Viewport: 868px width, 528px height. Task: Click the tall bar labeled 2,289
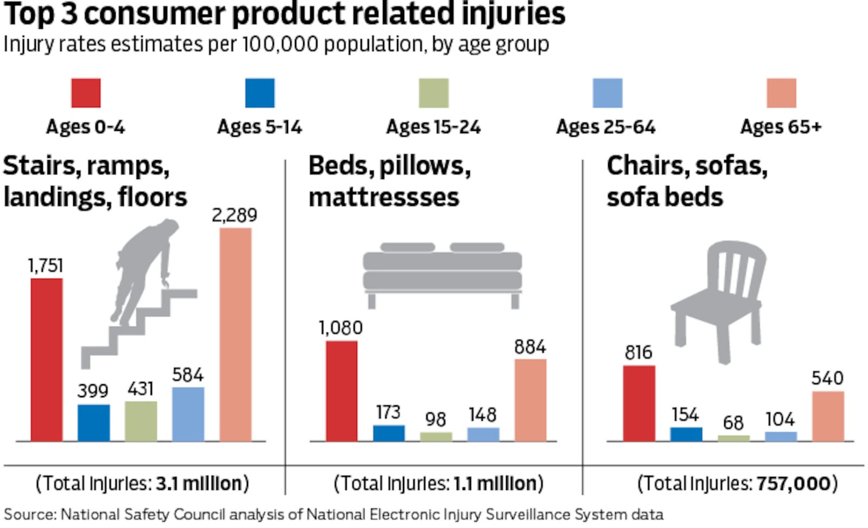[235, 334]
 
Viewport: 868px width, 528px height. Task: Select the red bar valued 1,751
[47, 359]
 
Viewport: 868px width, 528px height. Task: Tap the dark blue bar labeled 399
[94, 422]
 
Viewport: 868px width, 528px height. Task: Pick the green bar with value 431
[141, 421]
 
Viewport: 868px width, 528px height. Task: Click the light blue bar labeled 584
[188, 414]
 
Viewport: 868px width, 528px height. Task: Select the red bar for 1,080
[342, 391]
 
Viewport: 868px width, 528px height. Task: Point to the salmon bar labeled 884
[530, 400]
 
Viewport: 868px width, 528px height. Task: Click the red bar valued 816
[639, 403]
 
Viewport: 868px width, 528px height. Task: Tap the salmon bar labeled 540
[828, 416]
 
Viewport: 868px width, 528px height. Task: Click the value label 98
[436, 419]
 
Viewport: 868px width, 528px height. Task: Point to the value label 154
[685, 415]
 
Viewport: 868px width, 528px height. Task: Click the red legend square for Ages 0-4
[86, 93]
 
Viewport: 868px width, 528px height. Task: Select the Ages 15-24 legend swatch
[433, 93]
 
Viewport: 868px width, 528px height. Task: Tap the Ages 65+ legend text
[781, 127]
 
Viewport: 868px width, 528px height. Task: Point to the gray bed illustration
[442, 271]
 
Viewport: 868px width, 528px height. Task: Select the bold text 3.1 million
[199, 483]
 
